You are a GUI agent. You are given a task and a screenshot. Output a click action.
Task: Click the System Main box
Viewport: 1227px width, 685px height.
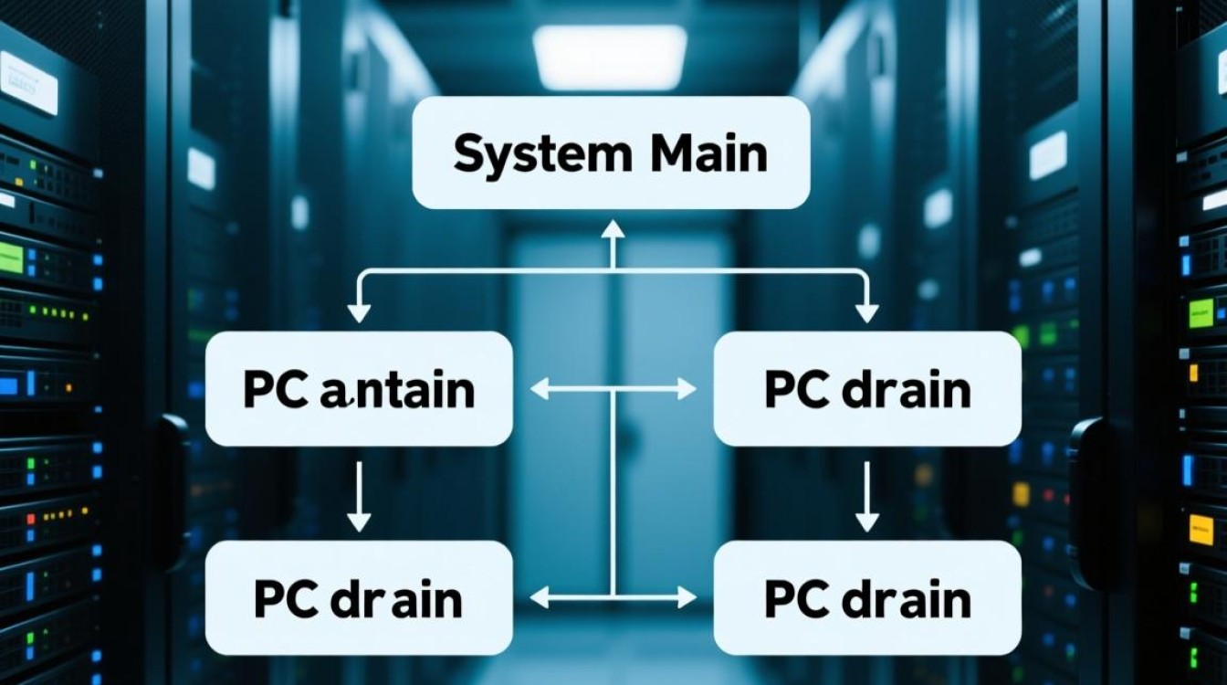611,153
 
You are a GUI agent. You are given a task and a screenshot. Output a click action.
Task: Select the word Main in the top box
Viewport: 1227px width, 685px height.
709,153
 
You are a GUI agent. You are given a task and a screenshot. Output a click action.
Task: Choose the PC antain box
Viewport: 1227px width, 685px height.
359,389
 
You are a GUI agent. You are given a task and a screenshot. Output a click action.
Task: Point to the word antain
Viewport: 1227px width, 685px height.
397,391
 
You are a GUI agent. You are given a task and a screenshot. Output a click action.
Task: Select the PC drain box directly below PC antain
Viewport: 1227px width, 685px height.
359,598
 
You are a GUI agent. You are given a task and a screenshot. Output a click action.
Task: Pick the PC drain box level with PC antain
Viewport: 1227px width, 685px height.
866,389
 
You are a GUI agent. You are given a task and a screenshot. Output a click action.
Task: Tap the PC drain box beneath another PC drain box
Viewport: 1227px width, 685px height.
866,598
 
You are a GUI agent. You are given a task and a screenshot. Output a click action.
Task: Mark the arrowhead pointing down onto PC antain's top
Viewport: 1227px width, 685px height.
360,311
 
